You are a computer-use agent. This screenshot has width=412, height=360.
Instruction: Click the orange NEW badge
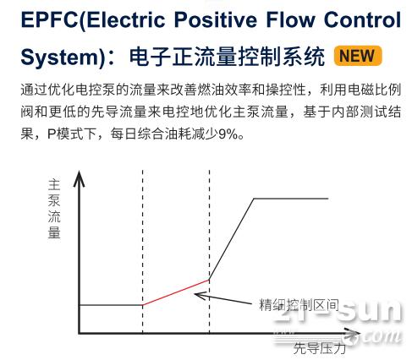[x=358, y=56]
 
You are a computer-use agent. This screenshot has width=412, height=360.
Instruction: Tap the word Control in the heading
[x=362, y=20]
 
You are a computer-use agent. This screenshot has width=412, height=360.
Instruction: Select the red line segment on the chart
[x=176, y=292]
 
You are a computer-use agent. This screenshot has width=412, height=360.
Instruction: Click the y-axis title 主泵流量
[x=54, y=209]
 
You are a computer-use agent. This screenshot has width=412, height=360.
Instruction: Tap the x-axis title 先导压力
[x=319, y=348]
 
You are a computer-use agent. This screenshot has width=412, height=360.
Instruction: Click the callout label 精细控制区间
[x=299, y=305]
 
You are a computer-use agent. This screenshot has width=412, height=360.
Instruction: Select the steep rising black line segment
[x=232, y=239]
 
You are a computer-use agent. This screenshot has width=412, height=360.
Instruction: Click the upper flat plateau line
[x=291, y=199]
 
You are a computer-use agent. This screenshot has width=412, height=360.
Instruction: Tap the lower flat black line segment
[x=111, y=305]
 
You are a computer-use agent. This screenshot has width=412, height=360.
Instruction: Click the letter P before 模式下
[x=52, y=134]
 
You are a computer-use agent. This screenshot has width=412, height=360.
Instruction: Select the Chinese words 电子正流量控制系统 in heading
[x=227, y=57]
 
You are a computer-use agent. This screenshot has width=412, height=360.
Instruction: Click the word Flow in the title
[x=290, y=20]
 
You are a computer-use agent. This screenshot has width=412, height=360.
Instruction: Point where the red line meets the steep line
[x=209, y=280]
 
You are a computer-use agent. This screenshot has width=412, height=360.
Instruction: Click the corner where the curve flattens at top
[x=254, y=199]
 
